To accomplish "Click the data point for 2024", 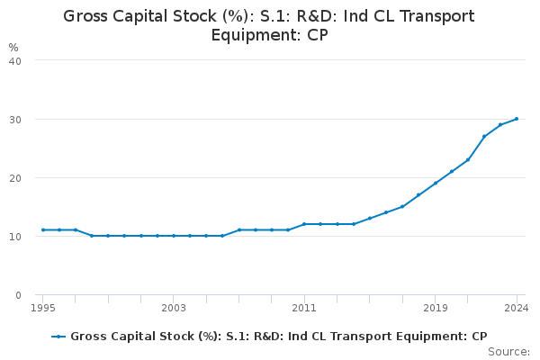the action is (x=517, y=119).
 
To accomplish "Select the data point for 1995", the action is (x=43, y=229).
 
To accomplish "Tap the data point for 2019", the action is (x=436, y=184).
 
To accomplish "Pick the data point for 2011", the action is (x=304, y=224).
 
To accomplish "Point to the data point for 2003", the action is (x=174, y=236).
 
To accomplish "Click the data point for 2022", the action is (x=484, y=137).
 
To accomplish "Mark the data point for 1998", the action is (x=92, y=236).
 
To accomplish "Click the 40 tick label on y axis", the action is (x=15, y=61).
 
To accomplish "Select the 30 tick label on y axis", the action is (x=15, y=120).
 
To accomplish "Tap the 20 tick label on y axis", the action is (x=15, y=178).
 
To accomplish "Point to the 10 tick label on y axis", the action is (x=15, y=237).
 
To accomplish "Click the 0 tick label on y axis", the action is (x=18, y=295).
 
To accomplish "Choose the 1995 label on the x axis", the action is (x=43, y=308).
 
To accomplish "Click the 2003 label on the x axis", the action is (x=174, y=308).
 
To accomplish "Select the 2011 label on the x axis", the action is (x=304, y=308).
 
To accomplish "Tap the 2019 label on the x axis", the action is (x=436, y=308).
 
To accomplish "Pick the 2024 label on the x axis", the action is (x=517, y=308).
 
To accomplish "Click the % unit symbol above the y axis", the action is (x=13, y=47).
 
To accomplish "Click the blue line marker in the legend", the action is (x=58, y=337).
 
